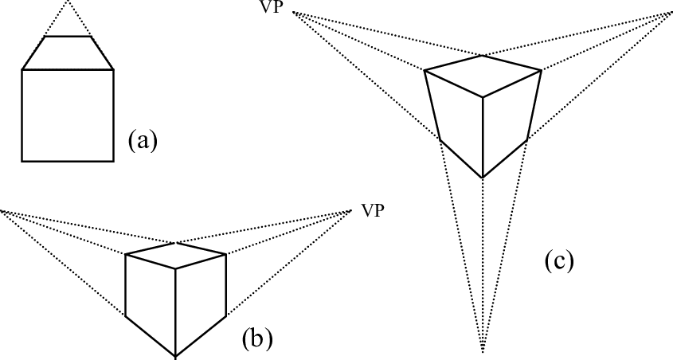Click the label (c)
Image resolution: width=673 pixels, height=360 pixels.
point(558,260)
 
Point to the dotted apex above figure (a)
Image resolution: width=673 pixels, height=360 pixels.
point(68,2)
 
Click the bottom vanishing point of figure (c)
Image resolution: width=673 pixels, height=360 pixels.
point(483,349)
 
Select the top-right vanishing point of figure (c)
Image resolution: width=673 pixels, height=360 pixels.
point(671,13)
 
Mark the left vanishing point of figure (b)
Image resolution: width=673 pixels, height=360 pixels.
point(2,210)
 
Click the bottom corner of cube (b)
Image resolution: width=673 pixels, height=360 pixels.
point(176,356)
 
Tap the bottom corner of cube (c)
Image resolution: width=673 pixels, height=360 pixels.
point(483,177)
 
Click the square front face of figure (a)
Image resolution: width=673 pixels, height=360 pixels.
point(68,115)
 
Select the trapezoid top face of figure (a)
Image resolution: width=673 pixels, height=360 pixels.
point(68,53)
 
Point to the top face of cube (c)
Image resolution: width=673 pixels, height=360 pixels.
point(483,76)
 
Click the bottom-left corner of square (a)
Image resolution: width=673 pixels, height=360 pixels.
point(22,161)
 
